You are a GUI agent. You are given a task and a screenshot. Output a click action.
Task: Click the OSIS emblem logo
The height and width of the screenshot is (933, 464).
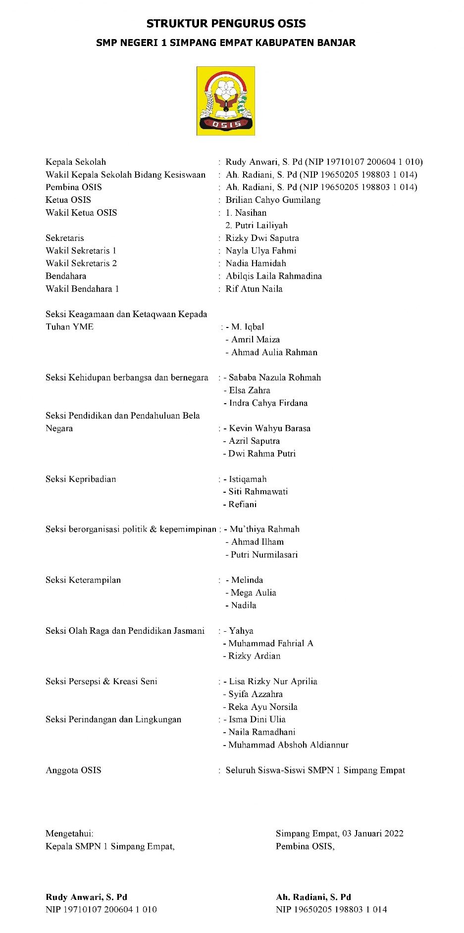pyautogui.click(x=226, y=101)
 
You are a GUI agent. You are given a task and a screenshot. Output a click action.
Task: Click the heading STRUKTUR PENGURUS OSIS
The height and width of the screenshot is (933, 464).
pyautogui.click(x=226, y=23)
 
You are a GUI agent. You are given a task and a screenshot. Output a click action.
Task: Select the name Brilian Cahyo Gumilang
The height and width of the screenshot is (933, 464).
pyautogui.click(x=273, y=200)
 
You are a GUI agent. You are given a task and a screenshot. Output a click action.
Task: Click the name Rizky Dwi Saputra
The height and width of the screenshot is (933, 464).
pyautogui.click(x=262, y=238)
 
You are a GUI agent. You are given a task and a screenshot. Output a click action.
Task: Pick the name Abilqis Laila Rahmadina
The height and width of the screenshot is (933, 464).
pyautogui.click(x=273, y=276)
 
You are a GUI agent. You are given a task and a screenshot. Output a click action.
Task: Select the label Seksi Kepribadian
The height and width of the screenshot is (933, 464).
pyautogui.click(x=81, y=479)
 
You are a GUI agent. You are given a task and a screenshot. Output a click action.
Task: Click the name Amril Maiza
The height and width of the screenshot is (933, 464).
pyautogui.click(x=256, y=339)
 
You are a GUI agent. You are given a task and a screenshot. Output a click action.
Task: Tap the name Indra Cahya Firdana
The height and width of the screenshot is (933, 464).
pyautogui.click(x=268, y=403)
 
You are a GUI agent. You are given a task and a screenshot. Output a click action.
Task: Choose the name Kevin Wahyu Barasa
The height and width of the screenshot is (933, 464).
pyautogui.click(x=269, y=428)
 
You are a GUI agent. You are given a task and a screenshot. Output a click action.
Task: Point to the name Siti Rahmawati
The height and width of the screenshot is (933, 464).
pyautogui.click(x=258, y=492)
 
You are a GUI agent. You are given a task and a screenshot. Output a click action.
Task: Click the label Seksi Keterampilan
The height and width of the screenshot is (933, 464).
pyautogui.click(x=83, y=580)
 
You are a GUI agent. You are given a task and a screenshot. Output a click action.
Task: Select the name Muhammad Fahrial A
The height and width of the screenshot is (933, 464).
pyautogui.click(x=271, y=644)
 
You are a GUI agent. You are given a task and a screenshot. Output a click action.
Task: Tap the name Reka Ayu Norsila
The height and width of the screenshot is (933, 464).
pyautogui.click(x=263, y=707)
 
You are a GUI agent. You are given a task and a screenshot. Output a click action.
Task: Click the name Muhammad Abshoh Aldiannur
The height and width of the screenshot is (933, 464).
pyautogui.click(x=288, y=745)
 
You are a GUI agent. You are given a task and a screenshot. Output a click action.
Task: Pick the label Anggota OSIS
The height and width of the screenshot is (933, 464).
pyautogui.click(x=73, y=770)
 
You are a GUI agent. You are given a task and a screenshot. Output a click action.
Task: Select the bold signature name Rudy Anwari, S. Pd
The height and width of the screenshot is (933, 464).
pyautogui.click(x=86, y=897)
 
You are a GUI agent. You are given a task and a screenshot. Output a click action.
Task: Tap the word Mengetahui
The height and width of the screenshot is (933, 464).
pyautogui.click(x=69, y=834)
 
